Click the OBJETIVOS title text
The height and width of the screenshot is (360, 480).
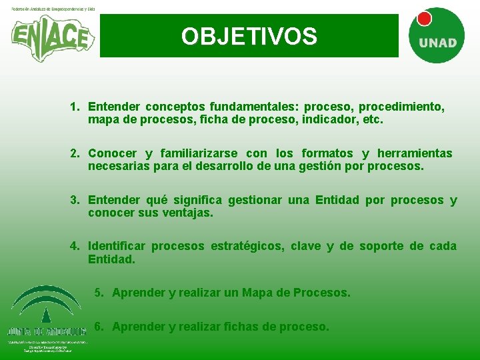click(249, 36)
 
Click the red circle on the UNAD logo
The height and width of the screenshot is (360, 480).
click(423, 19)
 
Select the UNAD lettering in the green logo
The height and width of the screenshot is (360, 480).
click(437, 43)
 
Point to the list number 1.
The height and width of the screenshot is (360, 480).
click(75, 107)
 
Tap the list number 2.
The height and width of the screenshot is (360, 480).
click(75, 153)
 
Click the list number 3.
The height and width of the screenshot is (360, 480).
click(75, 200)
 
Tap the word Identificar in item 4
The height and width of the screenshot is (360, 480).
click(116, 246)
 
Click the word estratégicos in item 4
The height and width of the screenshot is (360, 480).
click(247, 246)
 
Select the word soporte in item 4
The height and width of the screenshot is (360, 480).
click(381, 246)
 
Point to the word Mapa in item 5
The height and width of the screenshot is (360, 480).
click(257, 293)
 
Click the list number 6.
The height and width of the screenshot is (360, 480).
click(99, 326)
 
